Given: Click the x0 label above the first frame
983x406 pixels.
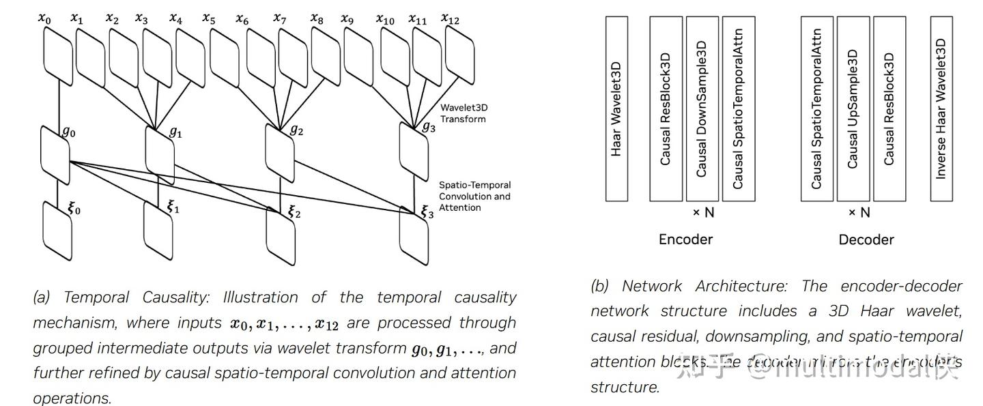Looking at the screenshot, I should coord(44,18).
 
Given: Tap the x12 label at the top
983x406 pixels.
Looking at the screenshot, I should coord(450,18).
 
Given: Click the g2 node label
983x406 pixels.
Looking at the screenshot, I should coord(296,130).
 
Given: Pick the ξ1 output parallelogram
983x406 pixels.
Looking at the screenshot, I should coord(158,228).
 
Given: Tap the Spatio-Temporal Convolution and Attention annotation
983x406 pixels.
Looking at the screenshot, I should coord(474,196).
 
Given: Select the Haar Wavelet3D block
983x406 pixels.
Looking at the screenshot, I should coord(616,109).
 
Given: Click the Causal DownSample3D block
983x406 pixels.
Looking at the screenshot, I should coord(702,109).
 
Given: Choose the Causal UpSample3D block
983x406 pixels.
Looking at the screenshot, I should coord(853,109).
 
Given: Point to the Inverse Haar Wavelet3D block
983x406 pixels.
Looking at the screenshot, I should coord(941,109).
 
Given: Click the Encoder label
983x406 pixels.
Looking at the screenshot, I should coord(685,240).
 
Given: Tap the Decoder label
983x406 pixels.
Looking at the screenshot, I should coord(866,240).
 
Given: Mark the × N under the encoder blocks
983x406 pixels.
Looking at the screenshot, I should coord(703,213).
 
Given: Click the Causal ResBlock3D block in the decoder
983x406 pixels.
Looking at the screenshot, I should coord(889,109).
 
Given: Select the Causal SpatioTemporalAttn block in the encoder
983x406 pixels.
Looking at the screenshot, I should coord(738,109).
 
